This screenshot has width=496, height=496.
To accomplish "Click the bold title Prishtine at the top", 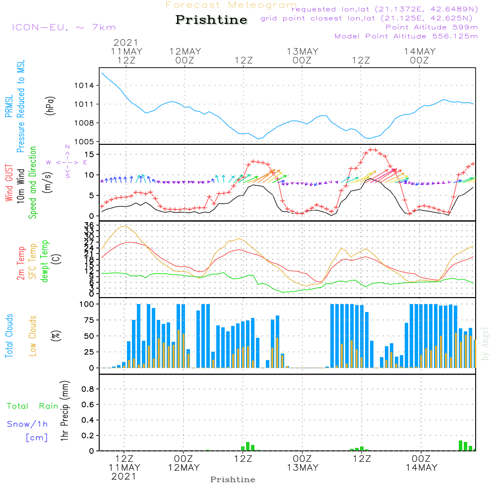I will tap(211, 20).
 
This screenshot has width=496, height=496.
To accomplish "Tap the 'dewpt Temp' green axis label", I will tap(45, 262).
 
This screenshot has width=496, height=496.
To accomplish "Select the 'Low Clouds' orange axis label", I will tap(33, 335).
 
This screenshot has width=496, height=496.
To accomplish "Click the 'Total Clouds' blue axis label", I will tap(9, 335).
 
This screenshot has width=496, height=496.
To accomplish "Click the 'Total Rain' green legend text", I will tap(33, 406).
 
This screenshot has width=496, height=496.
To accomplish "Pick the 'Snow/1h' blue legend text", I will tap(27, 425).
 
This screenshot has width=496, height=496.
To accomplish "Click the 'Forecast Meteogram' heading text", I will tap(231, 5).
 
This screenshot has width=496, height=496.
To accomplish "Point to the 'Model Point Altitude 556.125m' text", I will tap(406, 36).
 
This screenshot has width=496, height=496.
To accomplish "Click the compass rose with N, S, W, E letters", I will tap(67, 162).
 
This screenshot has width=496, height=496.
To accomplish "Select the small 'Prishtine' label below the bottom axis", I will tap(233, 480).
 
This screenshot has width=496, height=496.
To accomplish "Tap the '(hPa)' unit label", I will tap(50, 105).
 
